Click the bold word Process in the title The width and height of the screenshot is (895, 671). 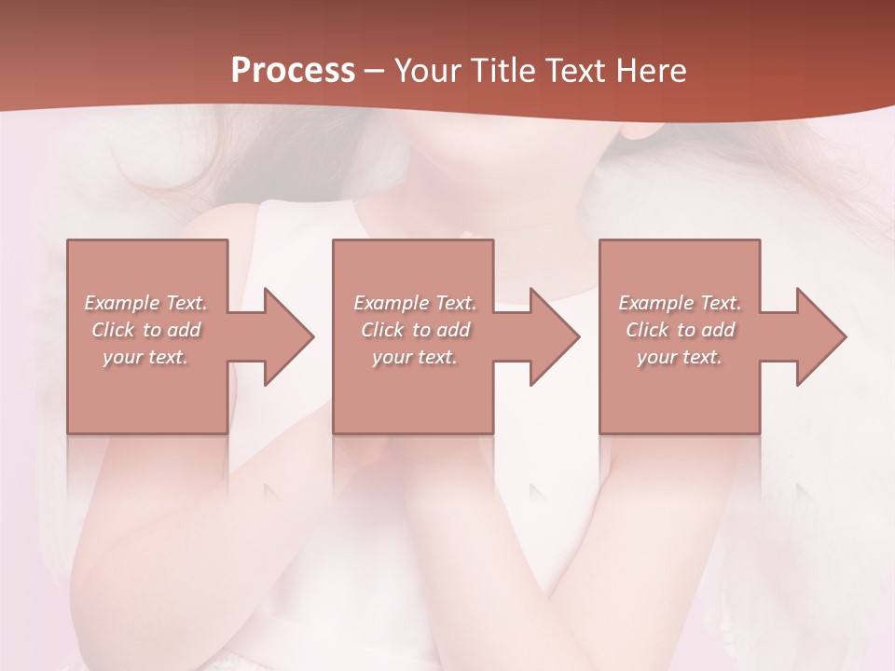tap(293, 71)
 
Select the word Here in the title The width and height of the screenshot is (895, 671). tap(652, 71)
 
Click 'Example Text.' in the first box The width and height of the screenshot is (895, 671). tap(146, 303)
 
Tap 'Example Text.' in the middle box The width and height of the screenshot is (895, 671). tap(415, 303)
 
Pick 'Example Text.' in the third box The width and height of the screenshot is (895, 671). tap(680, 303)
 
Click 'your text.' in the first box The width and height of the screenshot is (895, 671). tap(146, 357)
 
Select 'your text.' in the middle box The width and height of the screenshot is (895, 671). tap(415, 357)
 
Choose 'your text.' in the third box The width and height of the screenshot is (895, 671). tap(680, 357)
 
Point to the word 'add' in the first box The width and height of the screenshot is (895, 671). tap(185, 330)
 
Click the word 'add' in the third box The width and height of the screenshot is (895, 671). tap(718, 330)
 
